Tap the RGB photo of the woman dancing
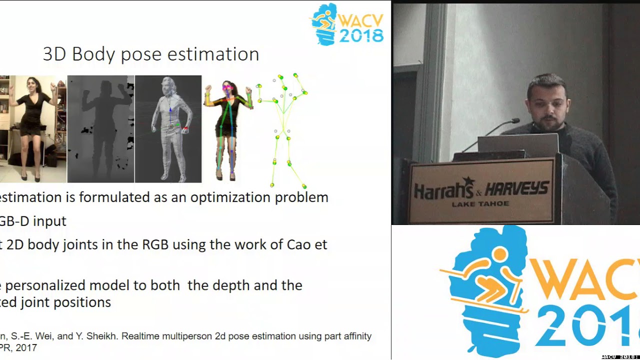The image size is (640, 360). point(32,128)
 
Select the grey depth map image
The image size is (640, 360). point(100,128)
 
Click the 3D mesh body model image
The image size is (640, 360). point(168,128)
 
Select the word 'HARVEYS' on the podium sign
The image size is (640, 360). point(516,189)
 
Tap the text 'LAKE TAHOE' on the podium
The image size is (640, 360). point(480,204)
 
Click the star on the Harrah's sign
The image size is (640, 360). point(468,181)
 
